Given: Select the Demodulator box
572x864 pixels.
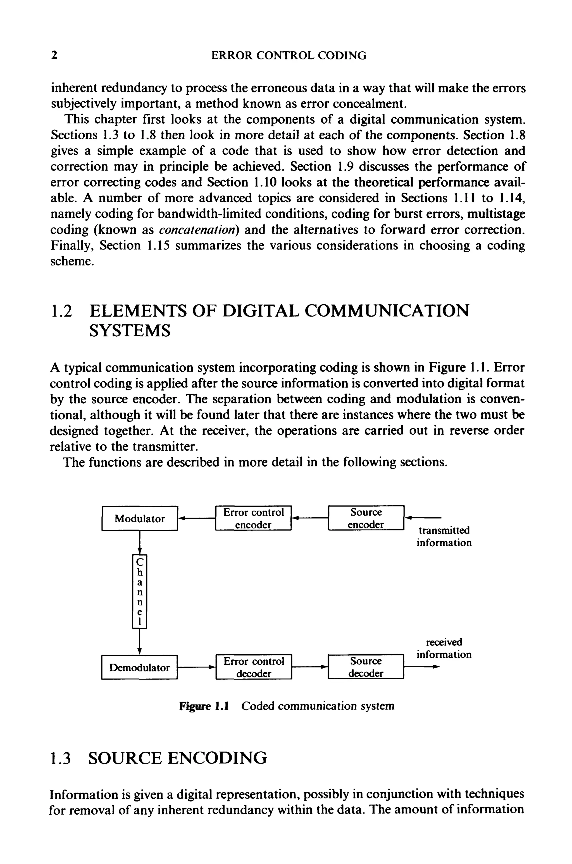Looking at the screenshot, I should pos(140,667).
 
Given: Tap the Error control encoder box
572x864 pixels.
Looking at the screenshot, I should pos(254,518).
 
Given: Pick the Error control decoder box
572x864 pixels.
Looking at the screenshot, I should pos(254,667).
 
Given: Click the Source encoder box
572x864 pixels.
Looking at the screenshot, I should pos(366,518).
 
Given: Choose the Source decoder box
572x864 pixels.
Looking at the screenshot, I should pos(366,667).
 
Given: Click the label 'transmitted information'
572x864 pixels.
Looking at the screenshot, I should pos(444,536).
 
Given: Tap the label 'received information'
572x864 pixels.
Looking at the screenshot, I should pos(444,648).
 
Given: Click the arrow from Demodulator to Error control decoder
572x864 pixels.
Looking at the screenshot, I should pos(196,667).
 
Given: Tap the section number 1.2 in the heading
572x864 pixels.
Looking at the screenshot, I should pos(61,311).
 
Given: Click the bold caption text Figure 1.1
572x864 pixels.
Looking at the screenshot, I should pos(204,706).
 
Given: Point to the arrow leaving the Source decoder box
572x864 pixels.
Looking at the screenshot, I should pos(421,667).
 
